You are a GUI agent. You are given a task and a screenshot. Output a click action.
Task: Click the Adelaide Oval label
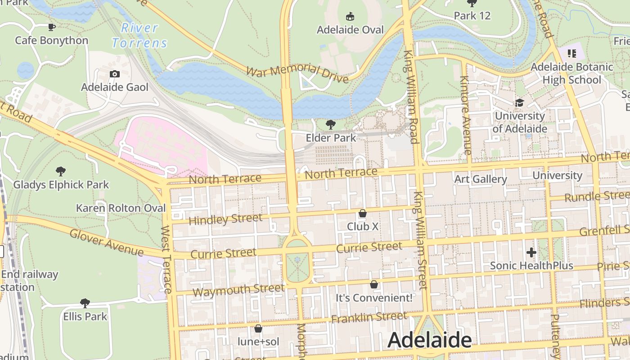click(x=350, y=30)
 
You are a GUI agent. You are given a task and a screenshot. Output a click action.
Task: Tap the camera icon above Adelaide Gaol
click(x=115, y=74)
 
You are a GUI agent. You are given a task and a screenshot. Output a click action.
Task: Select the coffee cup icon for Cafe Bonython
click(x=52, y=27)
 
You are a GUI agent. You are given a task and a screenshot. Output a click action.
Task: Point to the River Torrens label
click(x=139, y=35)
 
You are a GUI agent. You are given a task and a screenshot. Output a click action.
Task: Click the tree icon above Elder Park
click(x=331, y=124)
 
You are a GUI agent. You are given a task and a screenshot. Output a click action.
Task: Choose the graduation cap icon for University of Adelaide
click(x=520, y=103)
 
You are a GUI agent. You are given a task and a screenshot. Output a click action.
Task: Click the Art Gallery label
click(x=481, y=179)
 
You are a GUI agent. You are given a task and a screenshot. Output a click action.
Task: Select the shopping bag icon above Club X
click(x=363, y=213)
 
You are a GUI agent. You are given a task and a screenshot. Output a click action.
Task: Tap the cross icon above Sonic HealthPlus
click(x=531, y=252)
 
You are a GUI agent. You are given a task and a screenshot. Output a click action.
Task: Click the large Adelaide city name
click(x=429, y=340)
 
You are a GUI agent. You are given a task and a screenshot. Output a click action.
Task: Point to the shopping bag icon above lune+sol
click(x=258, y=328)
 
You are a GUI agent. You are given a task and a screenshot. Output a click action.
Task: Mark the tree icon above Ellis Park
click(x=85, y=303)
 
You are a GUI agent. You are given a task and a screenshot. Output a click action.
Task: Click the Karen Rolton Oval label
click(x=121, y=208)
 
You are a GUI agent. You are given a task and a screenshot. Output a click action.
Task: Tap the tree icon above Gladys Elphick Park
click(x=61, y=171)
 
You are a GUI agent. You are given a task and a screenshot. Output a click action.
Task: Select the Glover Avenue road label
click(x=107, y=243)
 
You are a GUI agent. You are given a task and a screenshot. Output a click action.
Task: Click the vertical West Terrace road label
click(x=166, y=260)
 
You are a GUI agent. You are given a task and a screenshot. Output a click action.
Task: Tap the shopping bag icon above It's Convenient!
click(x=374, y=284)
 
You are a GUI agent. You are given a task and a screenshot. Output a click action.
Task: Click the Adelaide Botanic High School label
click(x=572, y=73)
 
